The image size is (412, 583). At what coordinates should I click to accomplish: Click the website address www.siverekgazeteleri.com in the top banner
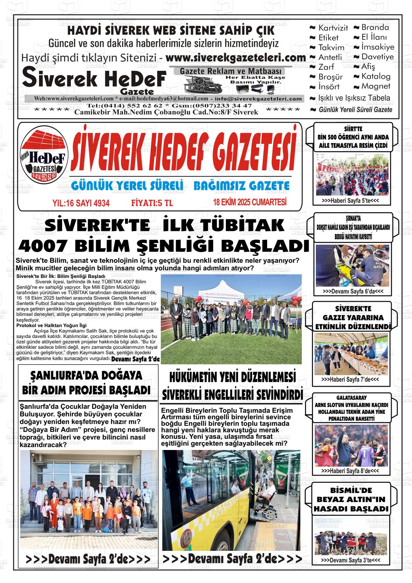click(236, 58)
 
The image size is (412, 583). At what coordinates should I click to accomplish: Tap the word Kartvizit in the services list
click(333, 28)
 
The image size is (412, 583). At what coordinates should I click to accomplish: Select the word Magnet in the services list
click(376, 86)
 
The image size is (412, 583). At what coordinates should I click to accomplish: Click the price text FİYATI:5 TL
click(152, 203)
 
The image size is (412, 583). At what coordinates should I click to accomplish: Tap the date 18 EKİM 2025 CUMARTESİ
click(250, 202)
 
